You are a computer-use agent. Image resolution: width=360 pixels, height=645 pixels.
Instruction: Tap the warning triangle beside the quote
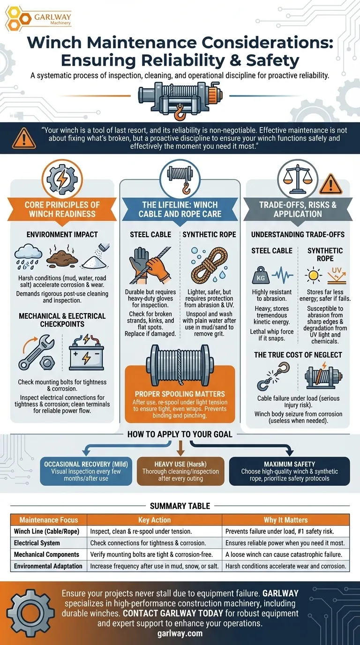[x=24, y=138]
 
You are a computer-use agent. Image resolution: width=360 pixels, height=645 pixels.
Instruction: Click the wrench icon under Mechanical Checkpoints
[x=37, y=352]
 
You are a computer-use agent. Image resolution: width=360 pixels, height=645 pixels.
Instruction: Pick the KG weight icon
[x=261, y=275]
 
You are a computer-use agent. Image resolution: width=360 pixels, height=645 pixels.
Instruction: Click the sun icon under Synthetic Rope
[x=313, y=275]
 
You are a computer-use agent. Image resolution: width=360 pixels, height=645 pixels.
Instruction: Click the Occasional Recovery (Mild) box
[x=86, y=471]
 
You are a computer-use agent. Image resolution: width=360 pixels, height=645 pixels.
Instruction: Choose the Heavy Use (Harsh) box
[x=180, y=471]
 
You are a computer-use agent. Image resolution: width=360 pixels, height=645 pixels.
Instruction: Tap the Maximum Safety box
[x=289, y=471]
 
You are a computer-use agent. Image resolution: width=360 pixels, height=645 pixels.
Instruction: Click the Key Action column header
[x=154, y=520]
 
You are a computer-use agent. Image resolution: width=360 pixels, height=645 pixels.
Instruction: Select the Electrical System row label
[x=37, y=543]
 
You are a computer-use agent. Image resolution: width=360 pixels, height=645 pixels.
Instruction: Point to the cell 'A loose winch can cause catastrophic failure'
[x=284, y=555]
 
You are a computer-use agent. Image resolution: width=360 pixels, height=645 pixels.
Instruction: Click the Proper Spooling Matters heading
[x=180, y=394]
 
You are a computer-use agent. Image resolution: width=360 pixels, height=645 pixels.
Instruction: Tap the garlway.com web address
[x=180, y=633]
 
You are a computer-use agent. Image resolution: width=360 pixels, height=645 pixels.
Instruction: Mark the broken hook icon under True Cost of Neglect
[x=273, y=376]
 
